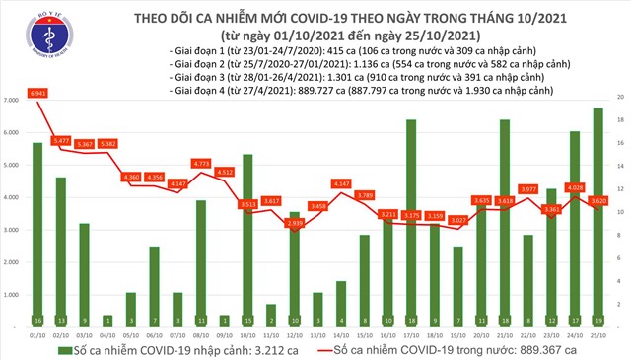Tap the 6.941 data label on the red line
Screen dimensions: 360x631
[x=38, y=91]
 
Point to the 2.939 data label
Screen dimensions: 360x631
[x=294, y=224]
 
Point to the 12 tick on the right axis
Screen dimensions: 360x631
[x=618, y=188]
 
